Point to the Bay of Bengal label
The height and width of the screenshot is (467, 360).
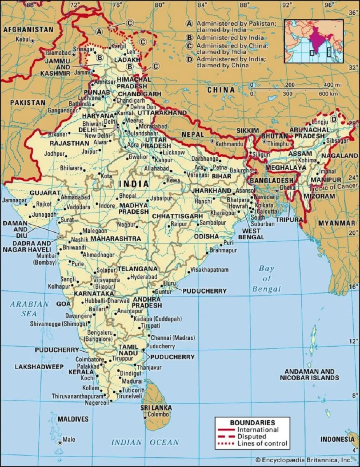click(266, 279)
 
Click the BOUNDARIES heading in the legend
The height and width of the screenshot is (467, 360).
click(252, 422)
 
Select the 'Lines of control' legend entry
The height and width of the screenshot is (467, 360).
click(263, 443)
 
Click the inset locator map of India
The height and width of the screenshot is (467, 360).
click(313, 41)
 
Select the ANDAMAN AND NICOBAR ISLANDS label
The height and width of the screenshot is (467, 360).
click(309, 374)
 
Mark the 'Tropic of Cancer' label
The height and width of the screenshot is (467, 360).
click(337, 186)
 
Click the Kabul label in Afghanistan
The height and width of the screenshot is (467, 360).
click(23, 40)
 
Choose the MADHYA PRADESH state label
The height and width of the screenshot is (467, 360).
click(134, 208)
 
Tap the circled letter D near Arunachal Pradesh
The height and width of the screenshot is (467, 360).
click(333, 119)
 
